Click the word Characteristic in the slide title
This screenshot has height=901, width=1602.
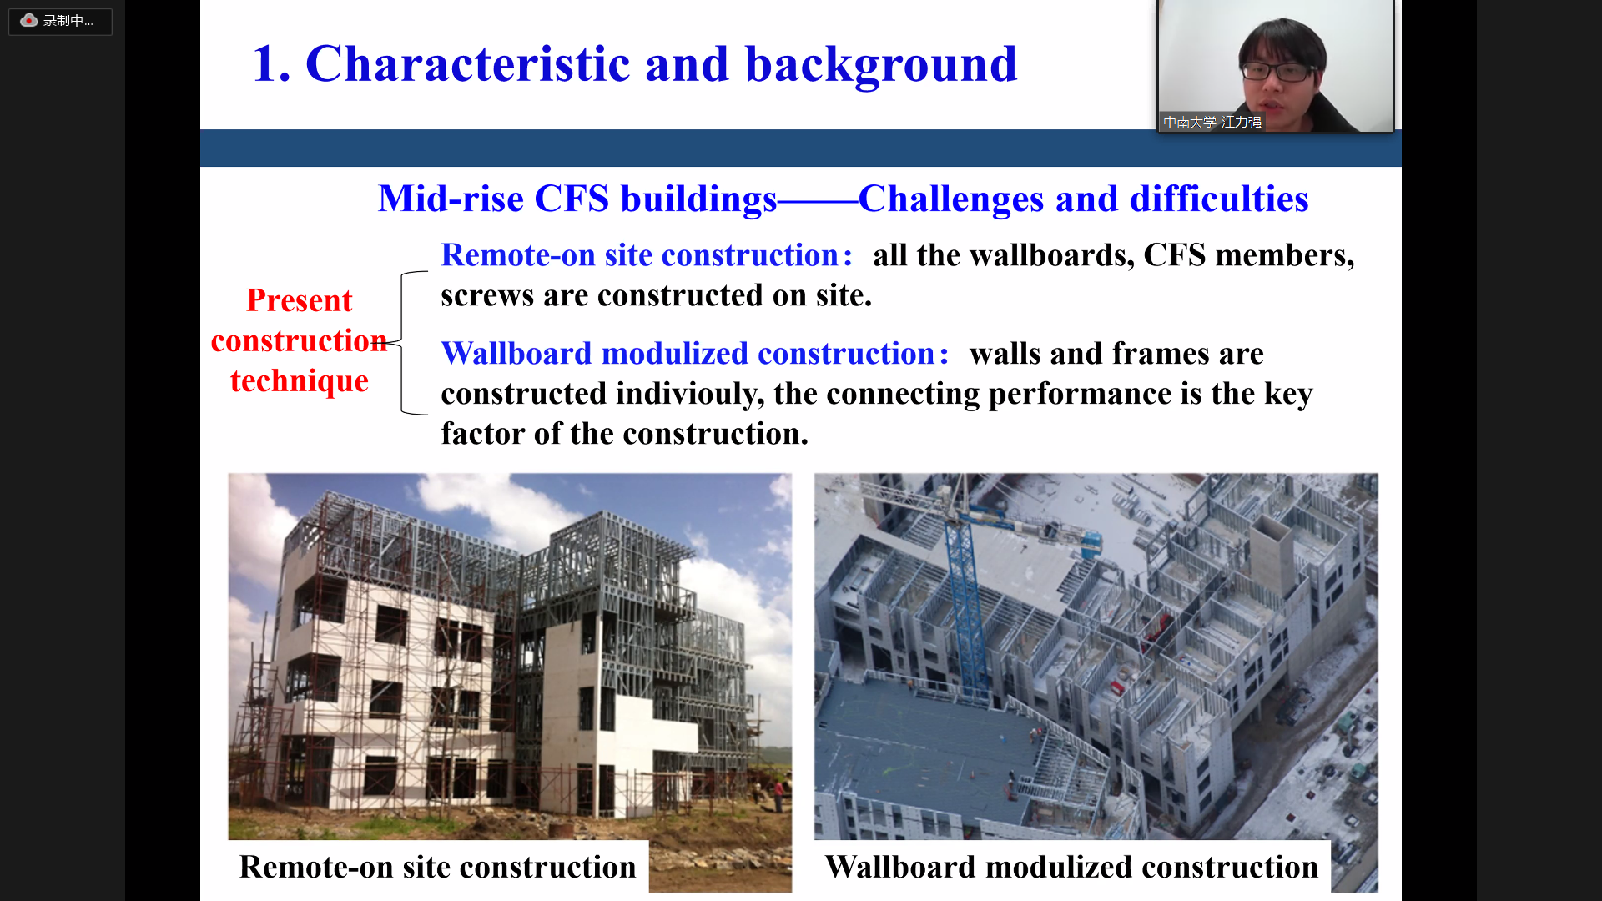468,63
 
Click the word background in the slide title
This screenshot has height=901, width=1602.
881,65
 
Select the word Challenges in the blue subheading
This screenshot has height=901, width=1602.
951,199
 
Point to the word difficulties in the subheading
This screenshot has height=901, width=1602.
1219,199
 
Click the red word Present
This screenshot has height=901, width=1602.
300,300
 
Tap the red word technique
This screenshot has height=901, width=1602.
300,380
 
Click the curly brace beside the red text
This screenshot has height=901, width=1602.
403,343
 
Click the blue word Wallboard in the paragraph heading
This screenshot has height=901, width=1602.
516,354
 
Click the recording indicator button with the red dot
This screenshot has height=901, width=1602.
60,21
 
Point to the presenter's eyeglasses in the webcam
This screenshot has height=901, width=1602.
1277,71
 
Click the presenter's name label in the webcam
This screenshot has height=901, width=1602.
1212,123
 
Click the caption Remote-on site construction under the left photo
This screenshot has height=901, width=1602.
437,868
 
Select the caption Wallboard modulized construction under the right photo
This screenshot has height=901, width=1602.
1071,868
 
